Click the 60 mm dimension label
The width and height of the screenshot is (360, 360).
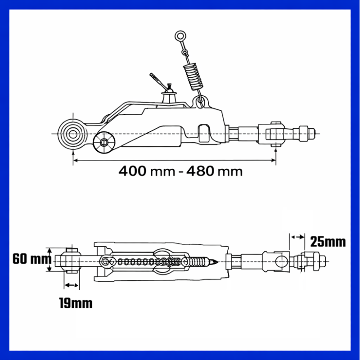tap(32, 259)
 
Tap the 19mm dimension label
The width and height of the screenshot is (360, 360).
tap(76, 303)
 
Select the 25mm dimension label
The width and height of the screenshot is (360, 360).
tap(328, 242)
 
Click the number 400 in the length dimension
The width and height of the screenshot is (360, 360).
tap(132, 171)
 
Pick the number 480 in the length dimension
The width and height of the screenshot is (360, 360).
tap(200, 171)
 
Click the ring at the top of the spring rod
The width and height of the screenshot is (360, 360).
tap(180, 36)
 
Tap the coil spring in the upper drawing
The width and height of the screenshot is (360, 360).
tap(193, 76)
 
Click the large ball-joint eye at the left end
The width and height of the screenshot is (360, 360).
tap(73, 134)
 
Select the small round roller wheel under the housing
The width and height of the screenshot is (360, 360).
tap(104, 143)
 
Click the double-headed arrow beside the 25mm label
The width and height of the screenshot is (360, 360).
tap(297, 237)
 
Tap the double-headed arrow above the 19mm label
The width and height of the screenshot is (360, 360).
tap(72, 285)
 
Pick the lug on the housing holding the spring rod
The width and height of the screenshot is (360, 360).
tap(200, 102)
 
